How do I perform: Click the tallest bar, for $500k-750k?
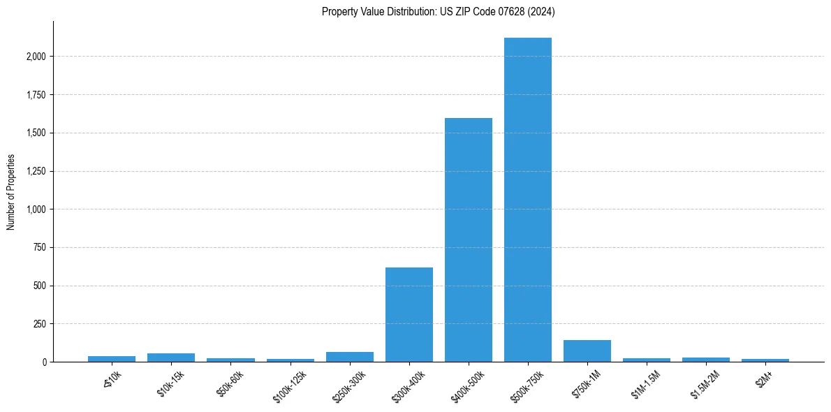528,200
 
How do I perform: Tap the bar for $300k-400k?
409,314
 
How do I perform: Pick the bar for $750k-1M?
587,351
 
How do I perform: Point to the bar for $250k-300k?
349,357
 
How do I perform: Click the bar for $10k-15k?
171,358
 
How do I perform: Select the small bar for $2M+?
765,360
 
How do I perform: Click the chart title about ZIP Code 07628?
439,11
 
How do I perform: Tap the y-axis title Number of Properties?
11,192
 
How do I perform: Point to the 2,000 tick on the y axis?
36,57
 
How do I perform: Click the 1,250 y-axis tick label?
36,171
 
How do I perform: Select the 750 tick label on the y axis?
41,247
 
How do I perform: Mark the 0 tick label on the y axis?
45,362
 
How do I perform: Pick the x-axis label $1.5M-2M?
704,383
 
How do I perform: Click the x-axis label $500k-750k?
525,385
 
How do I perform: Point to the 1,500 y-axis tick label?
36,133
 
